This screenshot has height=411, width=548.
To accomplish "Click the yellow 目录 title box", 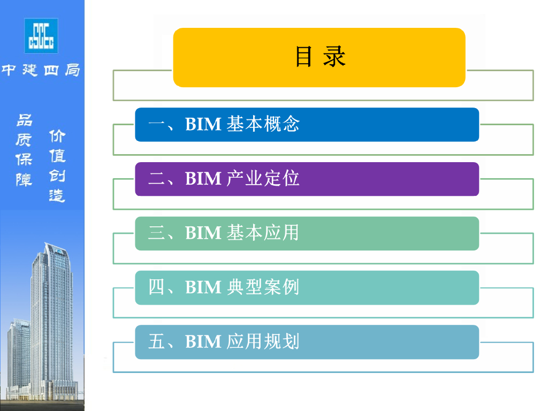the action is [x=319, y=57].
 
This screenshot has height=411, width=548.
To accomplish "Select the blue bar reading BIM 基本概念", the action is [x=307, y=125].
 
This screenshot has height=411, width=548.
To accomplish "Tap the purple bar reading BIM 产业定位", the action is [x=307, y=179].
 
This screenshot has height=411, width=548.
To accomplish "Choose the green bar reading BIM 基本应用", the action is [x=307, y=233].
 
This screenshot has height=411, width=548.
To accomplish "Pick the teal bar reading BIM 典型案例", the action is [x=307, y=288].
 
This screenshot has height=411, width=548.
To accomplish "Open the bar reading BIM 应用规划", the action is [x=307, y=342].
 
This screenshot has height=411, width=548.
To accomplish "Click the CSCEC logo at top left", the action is [x=41, y=35].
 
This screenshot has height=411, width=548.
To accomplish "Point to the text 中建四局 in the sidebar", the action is [x=41, y=70].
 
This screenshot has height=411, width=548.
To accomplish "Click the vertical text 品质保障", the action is [x=24, y=150].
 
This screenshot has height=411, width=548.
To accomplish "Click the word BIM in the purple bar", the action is [x=203, y=179].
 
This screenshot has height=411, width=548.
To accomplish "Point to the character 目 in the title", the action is [x=303, y=57].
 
